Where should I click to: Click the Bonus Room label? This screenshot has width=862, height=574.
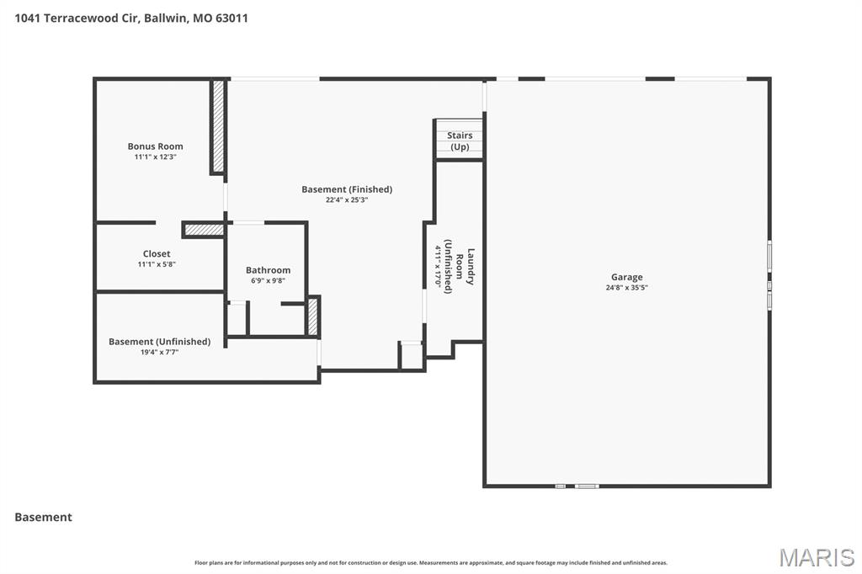tap(155, 146)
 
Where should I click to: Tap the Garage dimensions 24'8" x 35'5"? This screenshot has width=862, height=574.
tap(626, 288)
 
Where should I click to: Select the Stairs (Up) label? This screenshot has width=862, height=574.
tap(460, 141)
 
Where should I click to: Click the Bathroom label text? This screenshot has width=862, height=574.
tap(268, 270)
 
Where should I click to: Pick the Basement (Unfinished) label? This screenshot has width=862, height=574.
tap(159, 342)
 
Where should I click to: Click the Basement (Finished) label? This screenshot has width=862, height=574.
tap(347, 189)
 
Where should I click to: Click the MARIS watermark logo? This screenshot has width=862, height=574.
tap(816, 557)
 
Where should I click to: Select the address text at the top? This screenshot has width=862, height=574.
tap(131, 18)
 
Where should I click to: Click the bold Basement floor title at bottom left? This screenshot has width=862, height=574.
tap(44, 518)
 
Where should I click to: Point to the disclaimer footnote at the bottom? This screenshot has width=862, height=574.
tap(431, 563)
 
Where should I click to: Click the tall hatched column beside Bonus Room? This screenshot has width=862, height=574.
tap(218, 127)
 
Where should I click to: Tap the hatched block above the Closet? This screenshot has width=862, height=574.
tap(203, 229)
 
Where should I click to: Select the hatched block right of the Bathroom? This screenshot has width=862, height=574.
tap(313, 316)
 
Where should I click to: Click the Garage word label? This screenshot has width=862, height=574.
tap(626, 277)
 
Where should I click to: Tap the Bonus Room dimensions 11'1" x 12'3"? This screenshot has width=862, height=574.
tap(155, 157)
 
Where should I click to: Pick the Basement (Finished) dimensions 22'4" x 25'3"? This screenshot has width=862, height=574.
tap(347, 200)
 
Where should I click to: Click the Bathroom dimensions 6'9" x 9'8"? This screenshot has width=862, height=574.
tap(268, 281)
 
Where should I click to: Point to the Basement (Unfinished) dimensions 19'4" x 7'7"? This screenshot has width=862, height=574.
tap(159, 353)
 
